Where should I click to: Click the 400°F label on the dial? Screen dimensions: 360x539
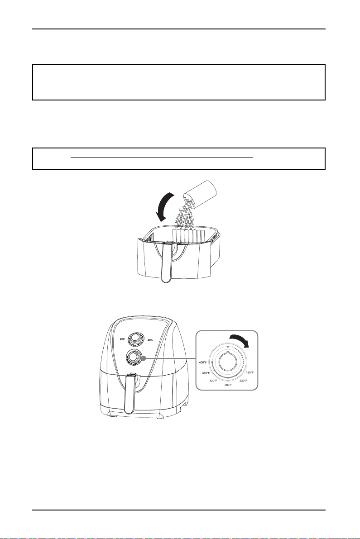click(x=203, y=363)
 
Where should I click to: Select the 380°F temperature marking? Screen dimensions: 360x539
click(x=206, y=373)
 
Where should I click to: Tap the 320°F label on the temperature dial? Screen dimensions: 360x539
click(x=214, y=381)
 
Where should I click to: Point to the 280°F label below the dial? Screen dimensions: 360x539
click(x=228, y=385)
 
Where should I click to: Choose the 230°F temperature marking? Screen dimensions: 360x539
click(x=244, y=381)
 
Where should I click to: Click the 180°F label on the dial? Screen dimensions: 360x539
click(x=250, y=372)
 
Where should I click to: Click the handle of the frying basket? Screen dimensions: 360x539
click(x=167, y=261)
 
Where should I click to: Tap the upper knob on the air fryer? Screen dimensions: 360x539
click(x=135, y=339)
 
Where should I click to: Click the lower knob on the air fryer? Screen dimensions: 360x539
click(x=134, y=358)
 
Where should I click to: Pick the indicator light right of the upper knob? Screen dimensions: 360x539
click(x=150, y=340)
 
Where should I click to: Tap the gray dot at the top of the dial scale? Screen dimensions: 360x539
click(x=228, y=347)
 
